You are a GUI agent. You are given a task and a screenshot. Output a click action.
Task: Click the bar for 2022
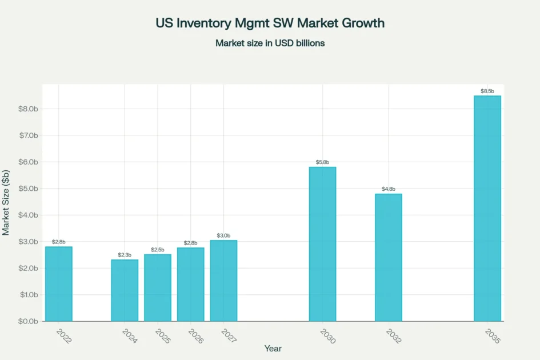click(59, 284)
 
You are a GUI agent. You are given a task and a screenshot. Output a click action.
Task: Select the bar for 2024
click(125, 290)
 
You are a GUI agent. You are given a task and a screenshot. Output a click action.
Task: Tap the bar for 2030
click(322, 244)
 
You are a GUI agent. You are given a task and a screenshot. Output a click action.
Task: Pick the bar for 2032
click(389, 257)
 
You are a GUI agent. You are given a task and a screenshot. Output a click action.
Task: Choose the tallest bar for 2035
click(487, 209)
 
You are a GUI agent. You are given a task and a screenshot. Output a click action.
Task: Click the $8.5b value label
click(487, 91)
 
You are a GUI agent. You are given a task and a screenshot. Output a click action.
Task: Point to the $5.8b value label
click(322, 162)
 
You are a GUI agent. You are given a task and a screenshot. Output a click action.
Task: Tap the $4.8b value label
click(389, 189)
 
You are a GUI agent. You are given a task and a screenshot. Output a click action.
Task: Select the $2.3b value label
click(125, 255)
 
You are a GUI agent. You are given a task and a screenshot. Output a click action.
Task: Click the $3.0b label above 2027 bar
click(223, 235)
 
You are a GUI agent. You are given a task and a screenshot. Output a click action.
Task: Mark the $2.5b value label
click(158, 250)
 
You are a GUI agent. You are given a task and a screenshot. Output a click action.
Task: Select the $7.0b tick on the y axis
click(28, 135)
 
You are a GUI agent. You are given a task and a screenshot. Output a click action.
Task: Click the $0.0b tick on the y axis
click(28, 322)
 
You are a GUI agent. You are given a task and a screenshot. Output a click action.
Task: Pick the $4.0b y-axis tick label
click(28, 215)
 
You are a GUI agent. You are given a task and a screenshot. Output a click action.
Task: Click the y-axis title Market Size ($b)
click(6, 203)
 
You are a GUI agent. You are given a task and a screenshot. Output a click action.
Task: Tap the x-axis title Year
click(273, 348)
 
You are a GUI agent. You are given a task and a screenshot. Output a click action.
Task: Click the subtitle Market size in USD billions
click(270, 43)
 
